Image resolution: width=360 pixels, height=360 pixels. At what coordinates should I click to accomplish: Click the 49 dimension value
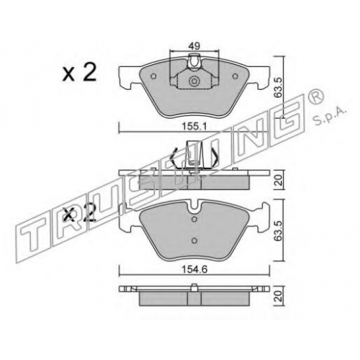pos(194,45)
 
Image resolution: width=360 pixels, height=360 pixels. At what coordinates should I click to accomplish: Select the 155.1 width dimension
pos(194,127)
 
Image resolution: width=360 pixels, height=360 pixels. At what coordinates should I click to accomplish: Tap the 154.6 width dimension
pos(194,269)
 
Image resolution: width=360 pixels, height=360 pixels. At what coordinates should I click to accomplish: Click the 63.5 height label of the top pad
pos(279,88)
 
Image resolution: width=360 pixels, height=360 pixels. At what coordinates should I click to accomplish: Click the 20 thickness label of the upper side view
pos(279,180)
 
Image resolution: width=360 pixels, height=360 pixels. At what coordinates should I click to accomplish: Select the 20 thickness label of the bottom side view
pos(279,296)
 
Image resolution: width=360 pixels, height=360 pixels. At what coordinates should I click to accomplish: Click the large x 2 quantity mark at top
pos(79,71)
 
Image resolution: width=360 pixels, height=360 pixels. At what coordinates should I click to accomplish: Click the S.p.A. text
pos(330,117)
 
